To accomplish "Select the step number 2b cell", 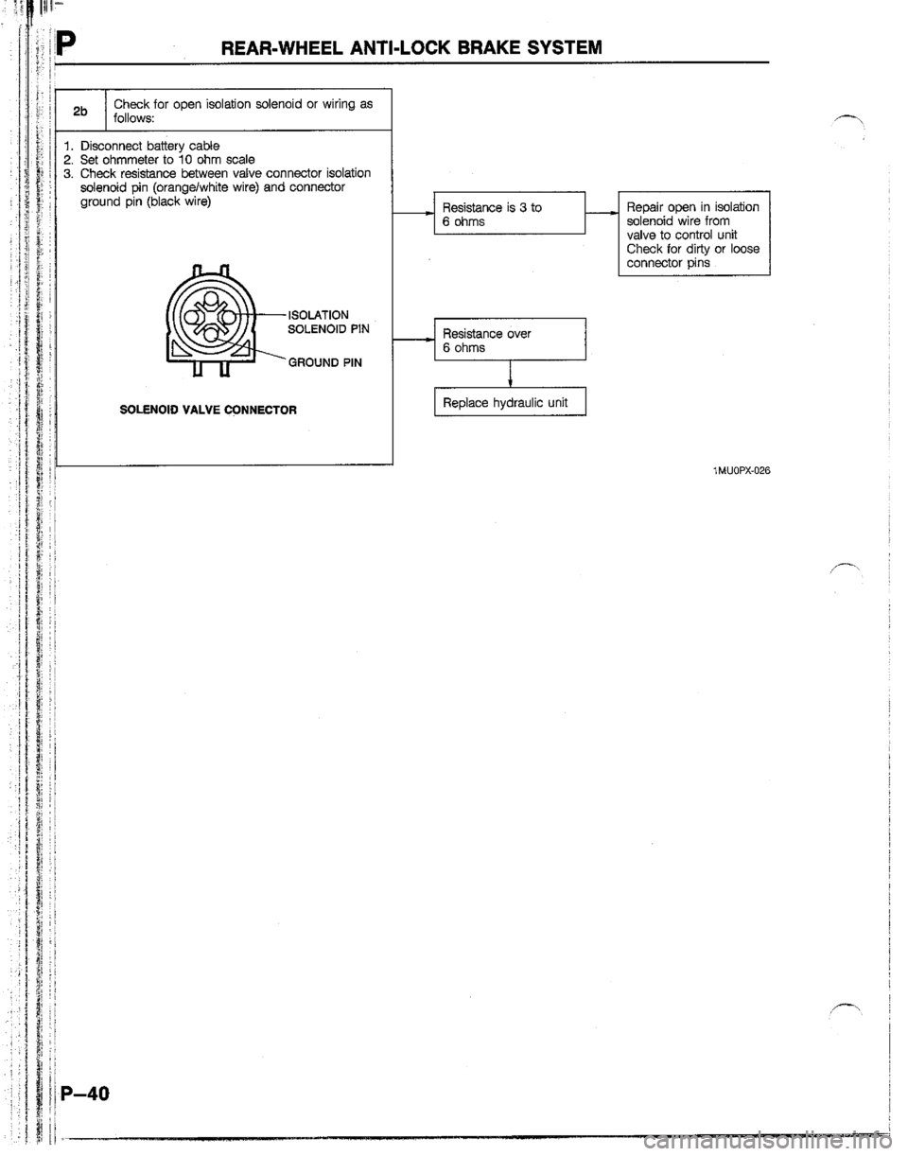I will pos(82,110).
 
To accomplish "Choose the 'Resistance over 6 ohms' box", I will pos(509,340).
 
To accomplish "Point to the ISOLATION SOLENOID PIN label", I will pos(322,321).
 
